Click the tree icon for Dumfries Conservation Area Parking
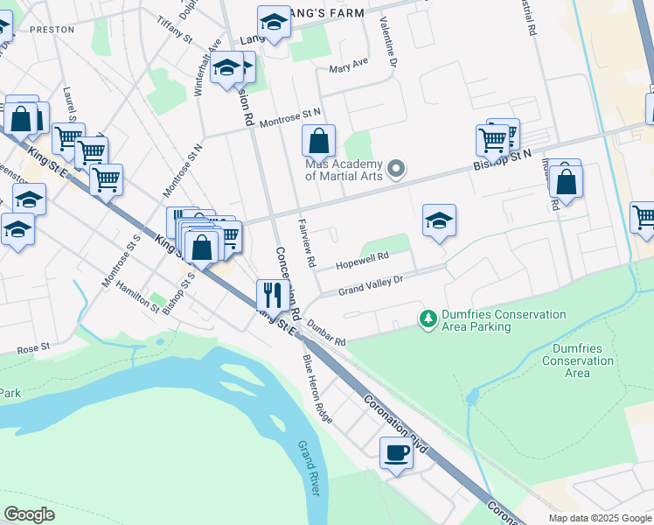(x=428, y=320)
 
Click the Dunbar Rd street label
(x=327, y=334)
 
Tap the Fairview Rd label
(x=305, y=242)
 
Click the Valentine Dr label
(x=388, y=47)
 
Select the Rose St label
(x=33, y=349)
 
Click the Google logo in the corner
(x=29, y=514)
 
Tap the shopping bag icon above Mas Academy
(x=319, y=140)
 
